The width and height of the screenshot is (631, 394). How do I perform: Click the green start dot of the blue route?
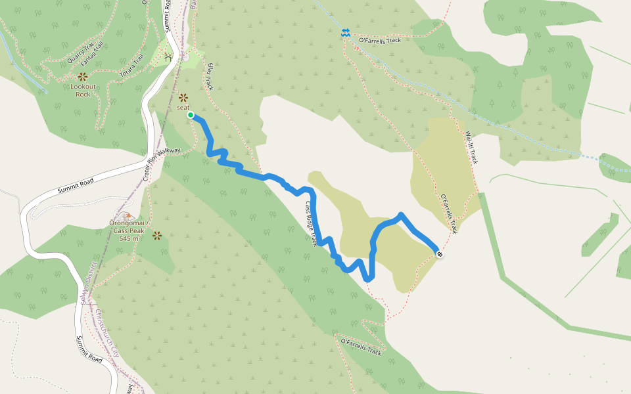(x=191, y=115)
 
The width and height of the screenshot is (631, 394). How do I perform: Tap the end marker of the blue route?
(x=438, y=254)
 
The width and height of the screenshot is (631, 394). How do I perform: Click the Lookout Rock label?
(x=83, y=90)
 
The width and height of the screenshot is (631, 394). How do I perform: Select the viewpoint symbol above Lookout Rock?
(x=83, y=77)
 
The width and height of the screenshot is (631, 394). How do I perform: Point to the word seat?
(x=183, y=108)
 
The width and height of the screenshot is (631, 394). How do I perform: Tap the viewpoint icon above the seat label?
(x=183, y=97)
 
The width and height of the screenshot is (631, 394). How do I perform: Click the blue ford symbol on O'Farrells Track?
(x=345, y=32)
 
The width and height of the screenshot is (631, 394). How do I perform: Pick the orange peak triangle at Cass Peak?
(x=128, y=215)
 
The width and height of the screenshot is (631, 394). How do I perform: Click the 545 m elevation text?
(x=129, y=238)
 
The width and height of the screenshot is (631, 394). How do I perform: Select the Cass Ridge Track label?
(x=311, y=223)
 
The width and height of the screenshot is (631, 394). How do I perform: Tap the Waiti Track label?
(x=471, y=147)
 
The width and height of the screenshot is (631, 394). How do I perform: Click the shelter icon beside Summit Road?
(x=169, y=57)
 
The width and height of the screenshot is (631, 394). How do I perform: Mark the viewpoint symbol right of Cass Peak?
(x=157, y=234)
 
